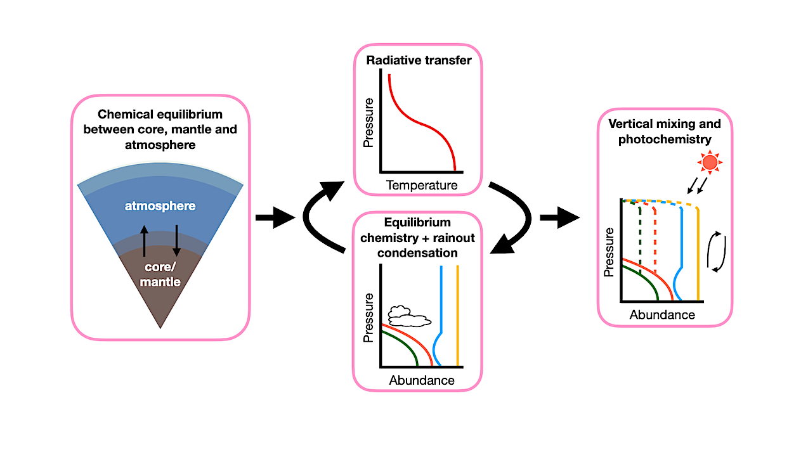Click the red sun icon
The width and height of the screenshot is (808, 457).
[710, 163]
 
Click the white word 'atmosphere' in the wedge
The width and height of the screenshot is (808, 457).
[160, 206]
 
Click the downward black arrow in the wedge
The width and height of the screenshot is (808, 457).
[176, 240]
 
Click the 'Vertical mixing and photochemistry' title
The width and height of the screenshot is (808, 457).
[665, 131]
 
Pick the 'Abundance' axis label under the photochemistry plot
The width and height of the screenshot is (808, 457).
[662, 315]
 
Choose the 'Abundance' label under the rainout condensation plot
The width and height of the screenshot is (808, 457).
[422, 380]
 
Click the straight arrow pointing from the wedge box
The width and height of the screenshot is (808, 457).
[275, 218]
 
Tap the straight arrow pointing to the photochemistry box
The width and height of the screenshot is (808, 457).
[559, 218]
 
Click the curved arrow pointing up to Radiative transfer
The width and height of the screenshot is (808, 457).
[317, 216]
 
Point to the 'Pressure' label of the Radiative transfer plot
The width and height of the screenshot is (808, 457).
[368, 122]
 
